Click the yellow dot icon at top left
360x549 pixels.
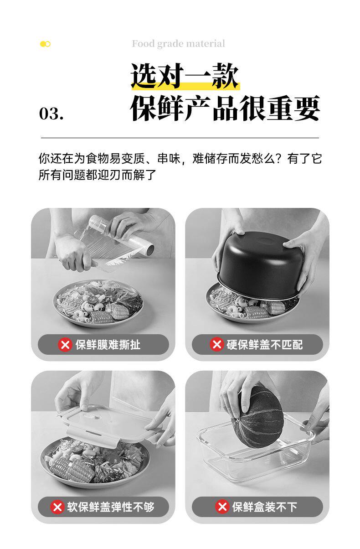(x=45, y=44)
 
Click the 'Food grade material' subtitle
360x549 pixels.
(x=178, y=44)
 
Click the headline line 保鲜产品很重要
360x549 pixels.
(x=225, y=108)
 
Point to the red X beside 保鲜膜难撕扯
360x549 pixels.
(x=65, y=345)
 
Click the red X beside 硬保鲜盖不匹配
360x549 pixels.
(x=217, y=344)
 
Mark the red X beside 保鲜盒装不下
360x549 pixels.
(x=222, y=507)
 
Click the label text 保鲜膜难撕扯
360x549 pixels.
(x=108, y=345)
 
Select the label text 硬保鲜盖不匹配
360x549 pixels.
(x=264, y=345)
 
